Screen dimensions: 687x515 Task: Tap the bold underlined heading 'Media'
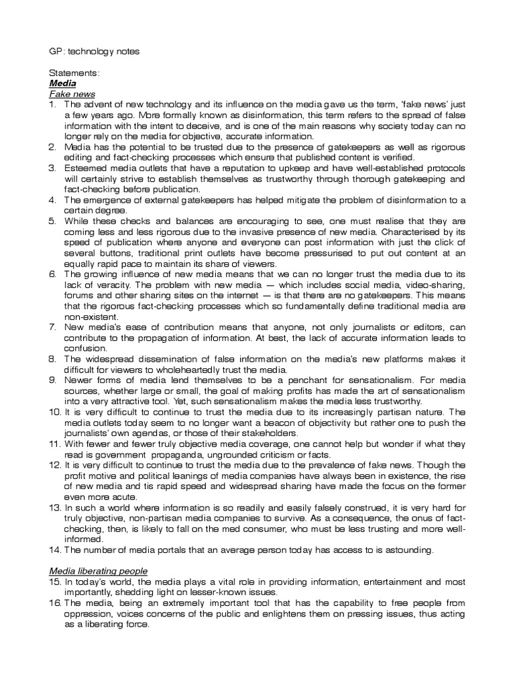click(x=62, y=84)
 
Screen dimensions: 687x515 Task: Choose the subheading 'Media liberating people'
click(x=99, y=570)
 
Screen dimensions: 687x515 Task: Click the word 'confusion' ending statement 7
click(x=85, y=349)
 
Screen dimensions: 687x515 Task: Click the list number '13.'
click(x=54, y=508)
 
